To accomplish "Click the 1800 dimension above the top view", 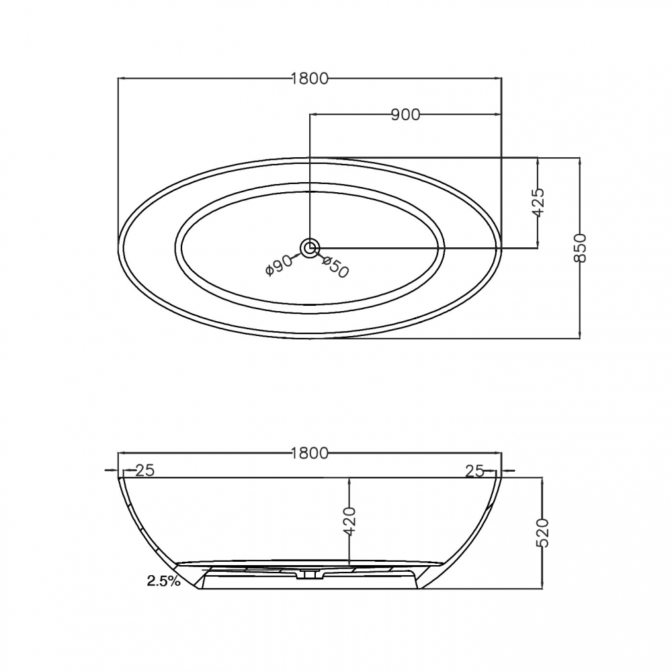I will pyautogui.click(x=310, y=79).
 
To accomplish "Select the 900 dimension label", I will pyautogui.click(x=405, y=115).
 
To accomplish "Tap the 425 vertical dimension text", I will pyautogui.click(x=537, y=202).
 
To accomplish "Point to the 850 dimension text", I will pyautogui.click(x=580, y=248).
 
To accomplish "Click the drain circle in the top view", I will pyautogui.click(x=310, y=248).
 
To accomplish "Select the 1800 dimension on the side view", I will pyautogui.click(x=310, y=454).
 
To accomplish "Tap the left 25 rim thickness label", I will pyautogui.click(x=144, y=471).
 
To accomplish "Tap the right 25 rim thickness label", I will pyautogui.click(x=475, y=471).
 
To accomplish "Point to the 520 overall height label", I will pyautogui.click(x=544, y=533).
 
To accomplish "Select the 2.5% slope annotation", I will pyautogui.click(x=163, y=581).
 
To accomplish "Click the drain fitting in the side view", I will pyautogui.click(x=310, y=573).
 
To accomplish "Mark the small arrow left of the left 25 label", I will pyautogui.click(x=110, y=471).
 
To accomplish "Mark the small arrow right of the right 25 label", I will pyautogui.click(x=510, y=471).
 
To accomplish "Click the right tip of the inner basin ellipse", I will pyautogui.click(x=444, y=247).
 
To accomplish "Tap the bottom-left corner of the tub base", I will pyautogui.click(x=201, y=589).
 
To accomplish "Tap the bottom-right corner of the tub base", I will pyautogui.click(x=418, y=589).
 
